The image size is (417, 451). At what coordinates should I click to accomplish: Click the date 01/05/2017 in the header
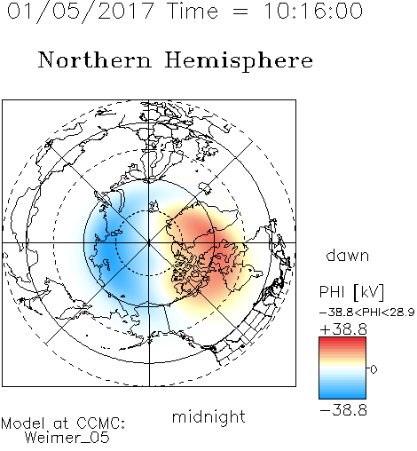coord(80,12)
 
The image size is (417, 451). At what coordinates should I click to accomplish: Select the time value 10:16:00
coord(313,11)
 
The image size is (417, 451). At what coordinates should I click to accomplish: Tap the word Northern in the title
coord(95,60)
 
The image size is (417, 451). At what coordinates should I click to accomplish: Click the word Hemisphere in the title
coord(239,61)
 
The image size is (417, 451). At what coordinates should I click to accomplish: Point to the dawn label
coord(348,255)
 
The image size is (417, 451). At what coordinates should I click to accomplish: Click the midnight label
coord(208,417)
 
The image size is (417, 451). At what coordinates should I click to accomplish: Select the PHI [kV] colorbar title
coord(351,292)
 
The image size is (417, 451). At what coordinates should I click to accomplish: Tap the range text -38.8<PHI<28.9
coord(366,313)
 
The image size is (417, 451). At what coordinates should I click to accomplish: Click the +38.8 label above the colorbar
coord(343,329)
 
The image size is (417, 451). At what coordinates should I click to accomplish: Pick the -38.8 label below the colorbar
coord(343,410)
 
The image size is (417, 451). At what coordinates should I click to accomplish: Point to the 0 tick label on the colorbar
coord(374,369)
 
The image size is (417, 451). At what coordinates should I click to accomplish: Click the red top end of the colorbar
coord(342,339)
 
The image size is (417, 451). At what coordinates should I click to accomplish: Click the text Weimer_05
coord(67,438)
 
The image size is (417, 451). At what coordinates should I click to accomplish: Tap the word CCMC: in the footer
coord(101,423)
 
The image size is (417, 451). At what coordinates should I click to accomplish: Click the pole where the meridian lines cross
coord(149,242)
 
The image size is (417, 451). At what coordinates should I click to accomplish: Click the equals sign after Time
coord(240,12)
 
